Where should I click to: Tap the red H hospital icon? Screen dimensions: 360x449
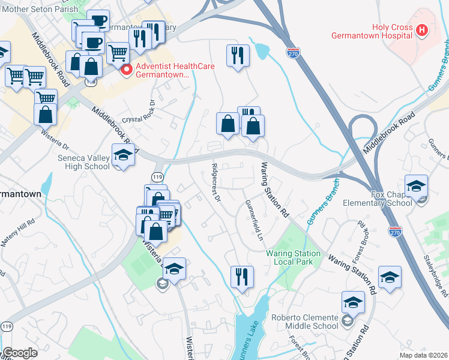pyautogui.click(x=423, y=29)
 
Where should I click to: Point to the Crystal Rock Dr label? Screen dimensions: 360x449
pyautogui.click(x=139, y=112)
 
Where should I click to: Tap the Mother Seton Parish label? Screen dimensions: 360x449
pyautogui.click(x=39, y=9)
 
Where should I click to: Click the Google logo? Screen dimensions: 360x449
pyautogui.click(x=19, y=353)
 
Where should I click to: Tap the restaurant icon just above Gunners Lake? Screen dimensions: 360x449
pyautogui.click(x=242, y=277)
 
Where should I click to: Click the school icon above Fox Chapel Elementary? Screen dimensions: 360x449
pyautogui.click(x=416, y=186)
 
